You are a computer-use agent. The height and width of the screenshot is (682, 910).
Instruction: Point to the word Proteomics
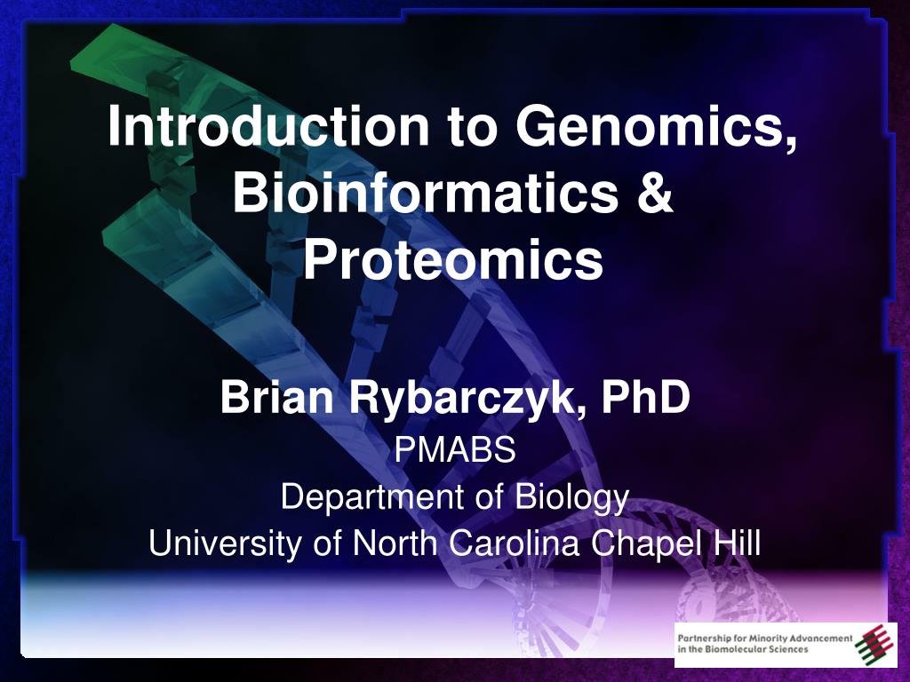tap(453, 260)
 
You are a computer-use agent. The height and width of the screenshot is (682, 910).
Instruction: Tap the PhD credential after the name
tap(645, 398)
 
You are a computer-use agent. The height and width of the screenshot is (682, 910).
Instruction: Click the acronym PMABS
tap(455, 452)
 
